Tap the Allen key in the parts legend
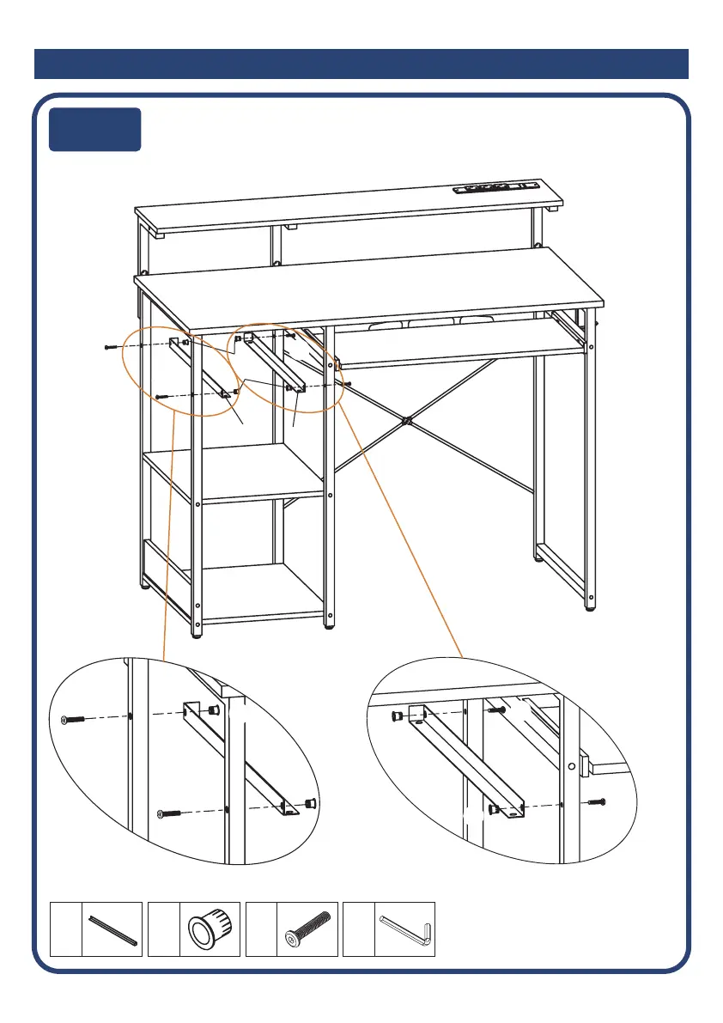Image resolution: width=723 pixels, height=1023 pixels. (x=406, y=929)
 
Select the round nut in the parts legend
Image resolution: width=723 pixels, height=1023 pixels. (x=210, y=929)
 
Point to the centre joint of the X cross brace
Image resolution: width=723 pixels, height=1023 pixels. (x=407, y=422)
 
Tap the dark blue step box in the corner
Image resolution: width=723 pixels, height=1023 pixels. (x=94, y=129)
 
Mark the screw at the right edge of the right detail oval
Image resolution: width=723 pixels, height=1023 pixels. (x=598, y=802)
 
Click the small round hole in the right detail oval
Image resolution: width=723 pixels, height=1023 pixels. (x=571, y=765)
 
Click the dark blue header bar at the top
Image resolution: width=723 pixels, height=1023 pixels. (x=361, y=64)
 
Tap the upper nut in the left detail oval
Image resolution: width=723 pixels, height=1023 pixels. (x=212, y=710)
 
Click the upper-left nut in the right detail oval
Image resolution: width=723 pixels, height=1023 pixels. (x=397, y=715)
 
